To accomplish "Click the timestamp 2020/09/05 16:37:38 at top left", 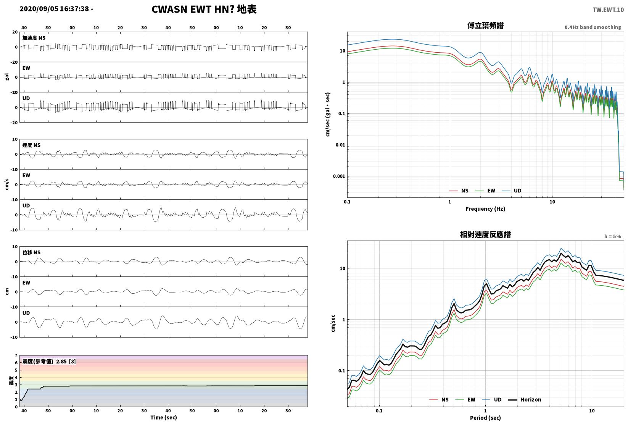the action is (54, 9).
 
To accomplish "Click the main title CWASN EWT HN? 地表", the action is (204, 9).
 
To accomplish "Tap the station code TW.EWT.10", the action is (608, 10).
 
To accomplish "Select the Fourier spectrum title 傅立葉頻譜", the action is (485, 26).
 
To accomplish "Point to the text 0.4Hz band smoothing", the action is (593, 27).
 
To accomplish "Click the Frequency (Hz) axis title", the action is (485, 209).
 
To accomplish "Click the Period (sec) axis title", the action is (485, 418).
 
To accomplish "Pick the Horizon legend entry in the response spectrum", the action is (525, 399).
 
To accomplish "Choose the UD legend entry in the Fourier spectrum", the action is (511, 191).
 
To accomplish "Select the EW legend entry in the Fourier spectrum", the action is (485, 191).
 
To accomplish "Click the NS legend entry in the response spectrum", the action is (439, 399).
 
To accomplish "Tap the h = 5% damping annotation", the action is (612, 236).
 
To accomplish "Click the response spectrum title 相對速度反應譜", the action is (485, 234).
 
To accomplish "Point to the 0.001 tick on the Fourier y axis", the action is (339, 176).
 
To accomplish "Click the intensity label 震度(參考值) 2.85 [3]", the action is (49, 361).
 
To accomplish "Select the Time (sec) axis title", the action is (163, 417).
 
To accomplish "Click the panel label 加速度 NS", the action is (34, 38).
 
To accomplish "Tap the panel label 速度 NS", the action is (31, 145).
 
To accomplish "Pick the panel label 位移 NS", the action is (31, 252).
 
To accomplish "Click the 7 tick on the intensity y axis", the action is (16, 356).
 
